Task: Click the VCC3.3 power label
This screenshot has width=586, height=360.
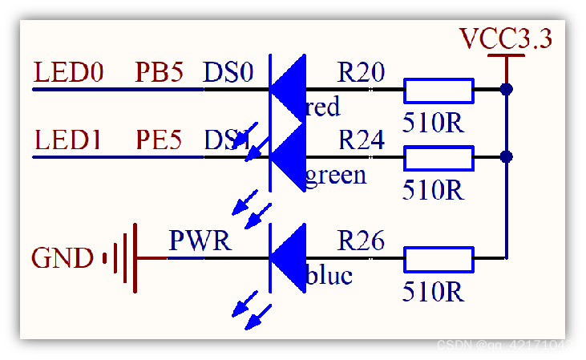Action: pos(506,38)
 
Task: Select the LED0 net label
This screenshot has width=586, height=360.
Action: pos(69,74)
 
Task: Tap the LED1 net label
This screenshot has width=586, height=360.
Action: pos(68,141)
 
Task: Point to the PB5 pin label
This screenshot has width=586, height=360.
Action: pos(160,74)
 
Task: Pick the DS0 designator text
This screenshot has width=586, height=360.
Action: pos(228,74)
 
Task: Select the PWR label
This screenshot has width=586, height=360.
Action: pos(200,241)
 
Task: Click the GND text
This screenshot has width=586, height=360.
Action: pos(63,259)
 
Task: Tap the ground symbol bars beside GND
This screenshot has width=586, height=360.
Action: pos(121,258)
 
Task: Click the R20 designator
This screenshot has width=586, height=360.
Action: pos(361,74)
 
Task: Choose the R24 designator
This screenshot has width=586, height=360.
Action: pos(362,141)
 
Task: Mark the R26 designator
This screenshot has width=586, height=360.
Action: pos(361,241)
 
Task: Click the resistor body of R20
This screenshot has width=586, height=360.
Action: pos(438,91)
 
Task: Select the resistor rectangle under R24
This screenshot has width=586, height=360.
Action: pos(438,158)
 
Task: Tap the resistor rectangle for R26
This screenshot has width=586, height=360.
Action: pos(438,259)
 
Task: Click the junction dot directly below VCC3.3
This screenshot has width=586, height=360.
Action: pos(506,89)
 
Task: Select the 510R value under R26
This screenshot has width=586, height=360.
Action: pos(433,291)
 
